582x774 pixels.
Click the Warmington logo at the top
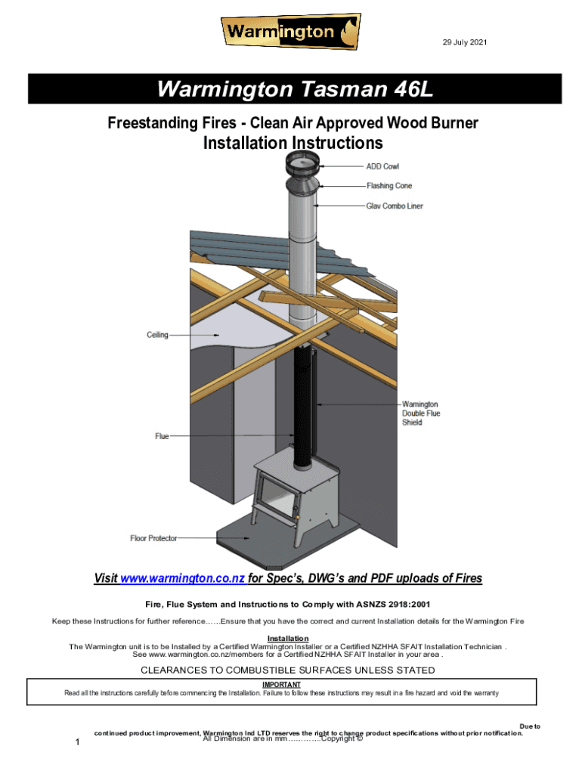click(x=290, y=32)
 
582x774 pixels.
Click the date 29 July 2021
click(x=465, y=42)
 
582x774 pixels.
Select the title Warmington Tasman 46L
click(x=295, y=91)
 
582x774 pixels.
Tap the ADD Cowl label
click(x=382, y=166)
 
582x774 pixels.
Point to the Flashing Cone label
click(x=389, y=186)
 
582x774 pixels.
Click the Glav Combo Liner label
click(x=395, y=206)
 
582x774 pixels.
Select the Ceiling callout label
click(x=157, y=334)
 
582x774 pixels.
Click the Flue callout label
click(x=162, y=436)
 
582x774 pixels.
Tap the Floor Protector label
click(x=153, y=538)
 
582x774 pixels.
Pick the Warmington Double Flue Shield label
click(x=420, y=413)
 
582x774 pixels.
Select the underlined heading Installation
click(x=289, y=639)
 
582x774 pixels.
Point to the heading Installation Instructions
click(x=293, y=143)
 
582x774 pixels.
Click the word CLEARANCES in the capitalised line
click(x=172, y=670)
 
